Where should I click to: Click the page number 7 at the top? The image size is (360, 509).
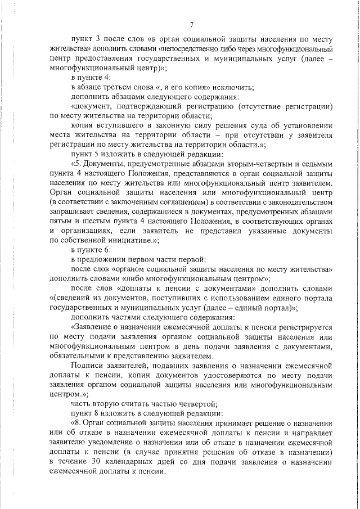point(192,24)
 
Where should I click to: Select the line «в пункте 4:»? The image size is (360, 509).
point(90,76)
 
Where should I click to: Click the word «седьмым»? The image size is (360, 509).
point(321,163)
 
